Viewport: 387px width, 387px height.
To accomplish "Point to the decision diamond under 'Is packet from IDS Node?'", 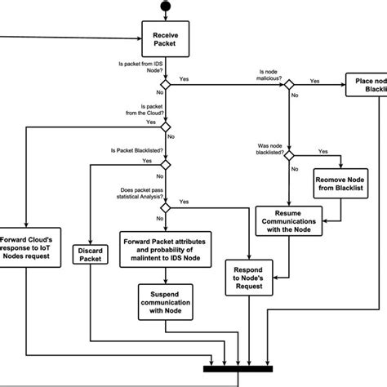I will [x=165, y=84].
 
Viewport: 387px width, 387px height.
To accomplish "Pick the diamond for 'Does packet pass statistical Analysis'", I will [x=165, y=207].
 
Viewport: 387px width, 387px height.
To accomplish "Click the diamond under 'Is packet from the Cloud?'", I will [x=165, y=126].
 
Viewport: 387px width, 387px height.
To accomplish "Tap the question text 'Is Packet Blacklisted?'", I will [x=136, y=151].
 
